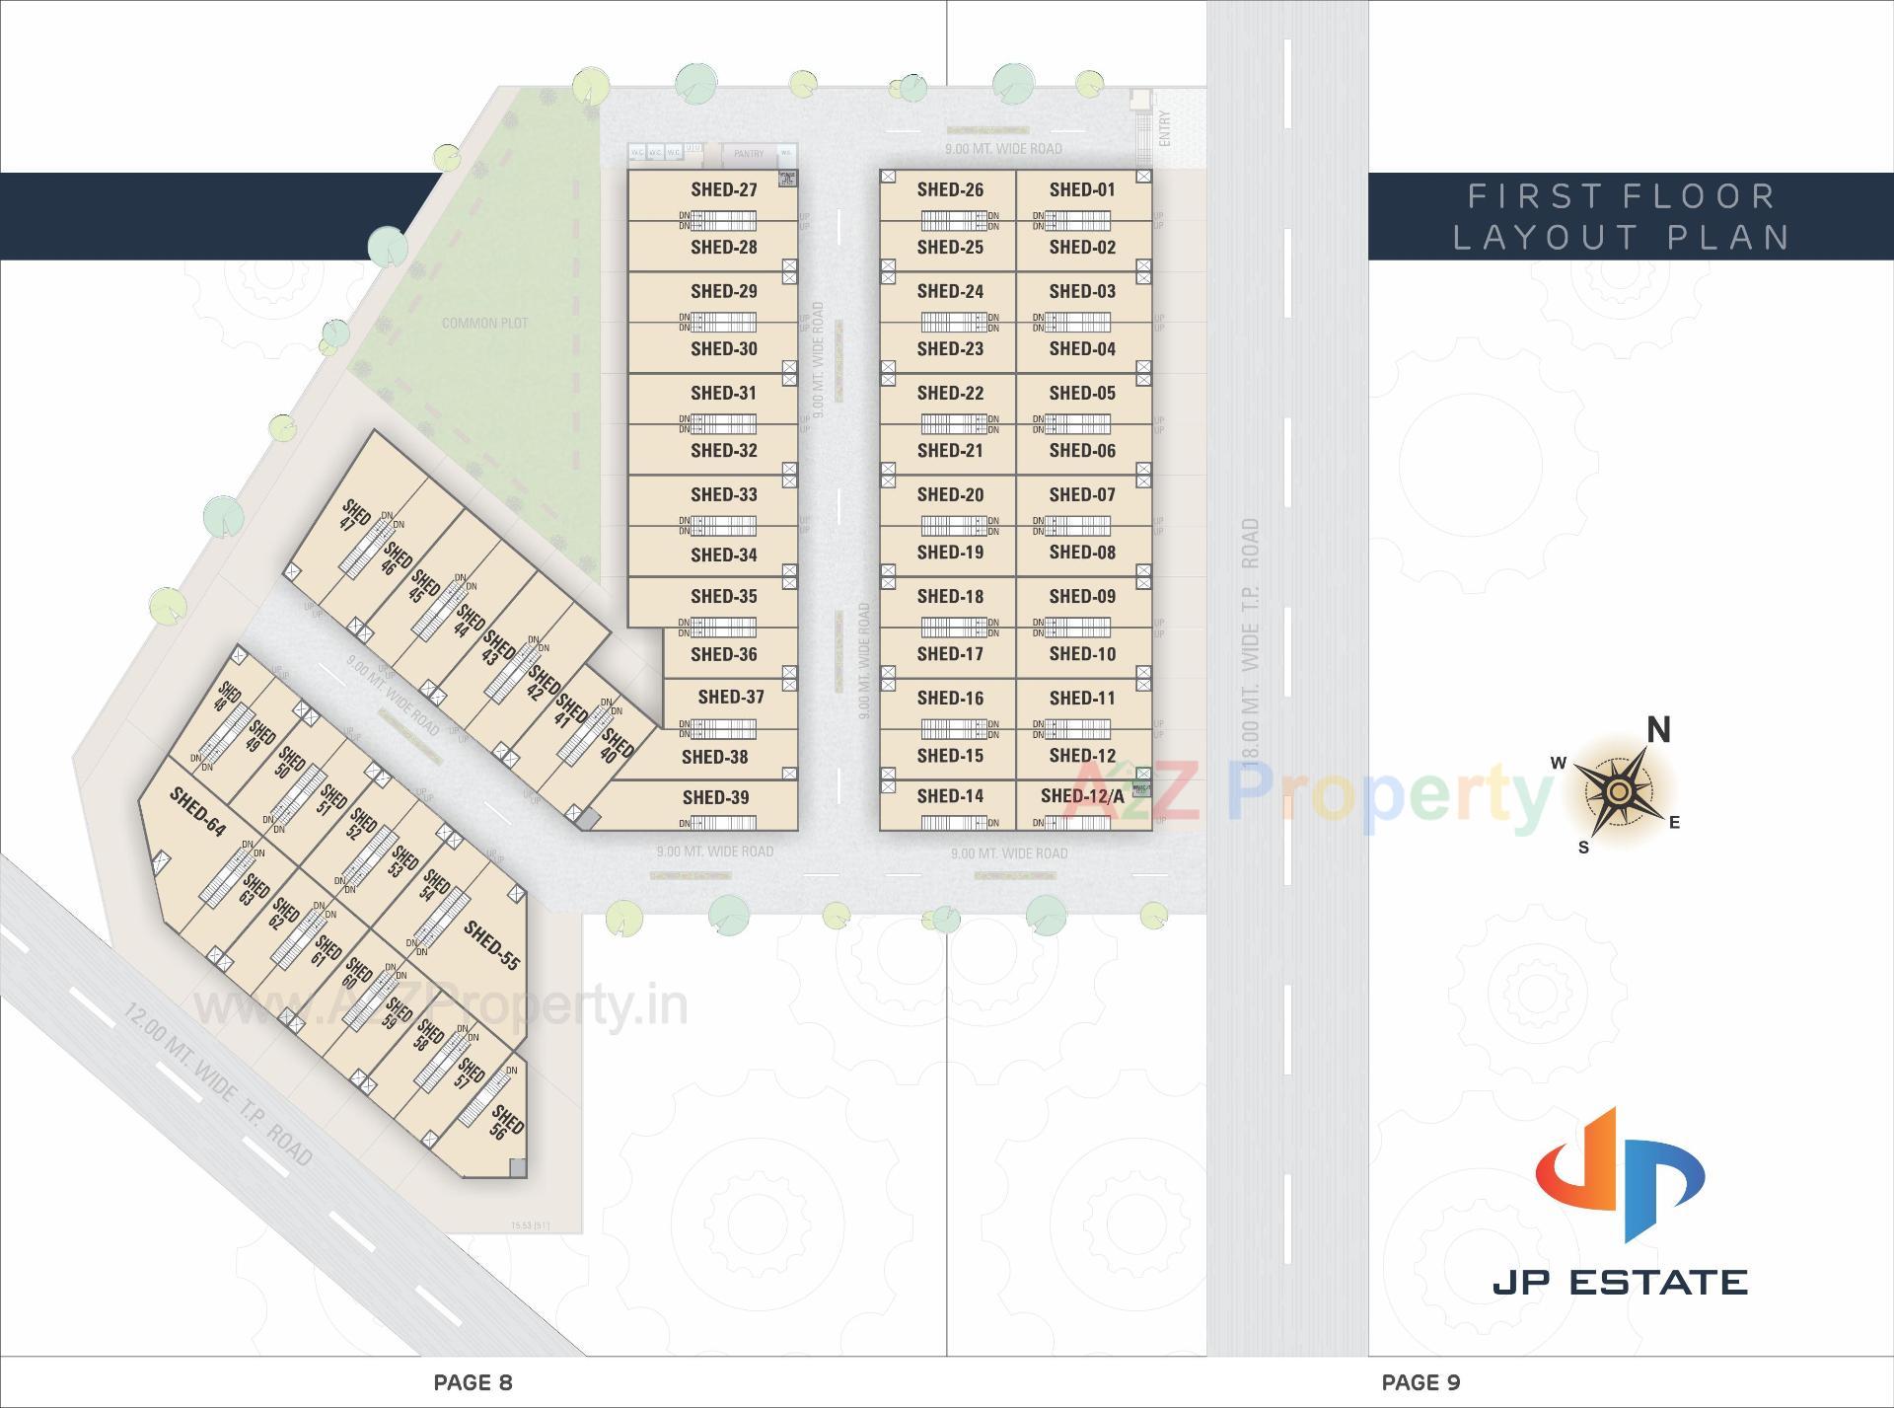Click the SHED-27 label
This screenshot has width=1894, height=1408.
pyautogui.click(x=723, y=189)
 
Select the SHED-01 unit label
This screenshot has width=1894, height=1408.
pyautogui.click(x=1081, y=189)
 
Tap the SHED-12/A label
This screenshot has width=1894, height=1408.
pyautogui.click(x=1081, y=796)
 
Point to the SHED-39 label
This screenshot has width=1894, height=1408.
pyautogui.click(x=715, y=797)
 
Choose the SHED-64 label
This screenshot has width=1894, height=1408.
pyautogui.click(x=197, y=811)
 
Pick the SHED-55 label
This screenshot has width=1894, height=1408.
pyautogui.click(x=491, y=945)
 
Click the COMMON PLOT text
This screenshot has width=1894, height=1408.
pyautogui.click(x=484, y=323)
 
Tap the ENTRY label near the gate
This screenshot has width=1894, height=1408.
pyautogui.click(x=1165, y=128)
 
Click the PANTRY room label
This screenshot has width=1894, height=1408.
pyautogui.click(x=749, y=153)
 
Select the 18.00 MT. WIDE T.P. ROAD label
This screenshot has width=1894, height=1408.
pyautogui.click(x=1251, y=641)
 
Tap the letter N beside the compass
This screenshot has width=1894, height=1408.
pyautogui.click(x=1658, y=730)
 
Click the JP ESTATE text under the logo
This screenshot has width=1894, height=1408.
pyautogui.click(x=1620, y=1282)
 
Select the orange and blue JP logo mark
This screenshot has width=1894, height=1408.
pyautogui.click(x=1620, y=1174)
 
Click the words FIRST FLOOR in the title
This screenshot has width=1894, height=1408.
pyautogui.click(x=1622, y=196)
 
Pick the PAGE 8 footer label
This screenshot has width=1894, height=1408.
pyautogui.click(x=473, y=1382)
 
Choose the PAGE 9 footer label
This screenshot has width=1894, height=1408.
pyautogui.click(x=1420, y=1382)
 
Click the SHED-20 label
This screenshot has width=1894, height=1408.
pyautogui.click(x=949, y=494)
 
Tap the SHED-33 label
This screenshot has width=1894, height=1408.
pyautogui.click(x=723, y=494)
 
